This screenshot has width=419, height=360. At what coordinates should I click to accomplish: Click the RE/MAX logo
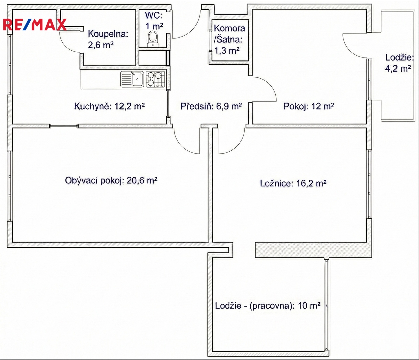pos(35,25)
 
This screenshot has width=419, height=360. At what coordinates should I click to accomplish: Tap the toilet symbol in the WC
pos(152,40)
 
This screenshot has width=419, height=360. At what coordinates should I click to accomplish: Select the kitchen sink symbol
pos(132,79)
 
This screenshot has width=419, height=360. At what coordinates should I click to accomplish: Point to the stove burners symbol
pos(155,79)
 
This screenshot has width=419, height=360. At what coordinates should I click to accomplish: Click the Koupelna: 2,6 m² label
pos(108,39)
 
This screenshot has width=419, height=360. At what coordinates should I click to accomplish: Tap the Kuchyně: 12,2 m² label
pos(109,106)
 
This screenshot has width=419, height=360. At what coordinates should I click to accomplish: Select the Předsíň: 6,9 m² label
pos(211,106)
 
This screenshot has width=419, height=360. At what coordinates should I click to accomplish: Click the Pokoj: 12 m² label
pos(309,106)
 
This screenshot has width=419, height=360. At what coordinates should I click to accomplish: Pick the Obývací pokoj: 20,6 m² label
pos(111,180)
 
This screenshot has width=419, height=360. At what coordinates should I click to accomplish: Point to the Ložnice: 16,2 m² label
pos(293,183)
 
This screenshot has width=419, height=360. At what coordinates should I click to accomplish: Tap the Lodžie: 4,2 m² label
pos(399,63)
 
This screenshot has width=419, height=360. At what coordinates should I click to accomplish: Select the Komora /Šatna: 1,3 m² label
pos(229,39)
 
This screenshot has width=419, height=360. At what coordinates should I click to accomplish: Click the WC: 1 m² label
pos(154,21)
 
